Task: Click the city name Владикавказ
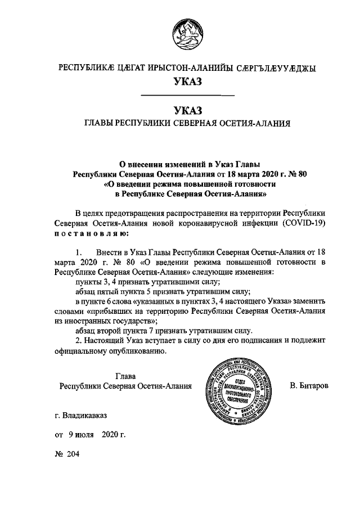84,416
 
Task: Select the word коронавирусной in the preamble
211,223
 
